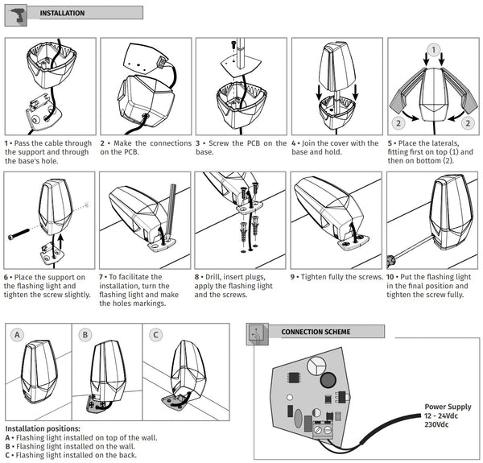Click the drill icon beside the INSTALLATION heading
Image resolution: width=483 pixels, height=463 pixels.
pos(16,15)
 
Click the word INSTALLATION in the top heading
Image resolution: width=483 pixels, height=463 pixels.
pos(62,13)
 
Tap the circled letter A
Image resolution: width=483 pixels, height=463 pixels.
pos(17,335)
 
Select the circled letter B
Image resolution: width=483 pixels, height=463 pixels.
pos(85,335)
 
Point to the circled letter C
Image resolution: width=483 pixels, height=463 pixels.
pos(155,335)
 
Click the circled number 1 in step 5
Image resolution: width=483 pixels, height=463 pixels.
pos(434,50)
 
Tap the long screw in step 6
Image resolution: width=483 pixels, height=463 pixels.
pos(19,234)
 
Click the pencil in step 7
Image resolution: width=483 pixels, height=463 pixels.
pos(171,213)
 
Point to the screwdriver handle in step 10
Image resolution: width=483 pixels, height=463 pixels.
pos(390,261)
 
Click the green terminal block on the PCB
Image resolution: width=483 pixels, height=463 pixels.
pos(323,429)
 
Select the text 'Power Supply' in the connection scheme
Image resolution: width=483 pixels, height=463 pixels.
pos(448,407)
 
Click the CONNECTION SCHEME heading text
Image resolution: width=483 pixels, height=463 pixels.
pos(316,332)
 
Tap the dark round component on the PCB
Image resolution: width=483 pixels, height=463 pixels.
pos(328,380)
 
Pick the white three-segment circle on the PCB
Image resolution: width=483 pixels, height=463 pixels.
pos(316,366)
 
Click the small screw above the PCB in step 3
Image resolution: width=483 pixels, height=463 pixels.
pos(233,45)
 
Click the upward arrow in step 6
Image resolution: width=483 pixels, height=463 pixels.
pos(61,242)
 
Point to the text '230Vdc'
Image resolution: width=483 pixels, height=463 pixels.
pos(436,424)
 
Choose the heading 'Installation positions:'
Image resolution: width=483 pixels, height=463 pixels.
pos(43,428)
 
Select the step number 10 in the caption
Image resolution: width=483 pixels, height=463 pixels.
pos(390,277)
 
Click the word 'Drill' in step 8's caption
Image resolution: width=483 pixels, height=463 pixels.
pos(213,277)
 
